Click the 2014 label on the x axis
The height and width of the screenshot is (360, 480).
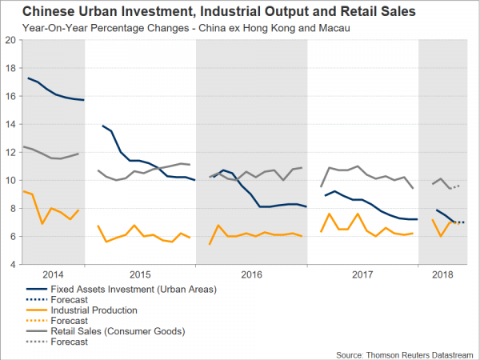(x=55, y=274)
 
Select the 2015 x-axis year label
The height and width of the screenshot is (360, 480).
(x=140, y=274)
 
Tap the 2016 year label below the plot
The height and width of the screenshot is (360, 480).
(x=251, y=274)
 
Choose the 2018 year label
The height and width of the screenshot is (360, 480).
(x=441, y=274)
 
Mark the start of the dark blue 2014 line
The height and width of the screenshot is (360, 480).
(x=29, y=78)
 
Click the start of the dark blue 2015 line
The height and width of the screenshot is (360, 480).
(x=102, y=126)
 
